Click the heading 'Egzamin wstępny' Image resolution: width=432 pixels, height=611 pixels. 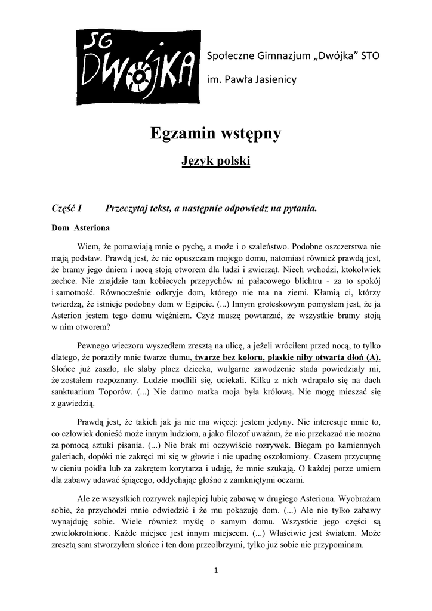point(215,134)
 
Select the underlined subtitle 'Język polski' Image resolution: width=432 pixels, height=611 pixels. point(215,161)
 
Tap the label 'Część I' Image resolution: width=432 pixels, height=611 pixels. point(67,208)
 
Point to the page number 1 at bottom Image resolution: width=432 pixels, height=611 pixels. point(216,570)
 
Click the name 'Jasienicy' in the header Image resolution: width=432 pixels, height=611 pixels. point(274,79)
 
